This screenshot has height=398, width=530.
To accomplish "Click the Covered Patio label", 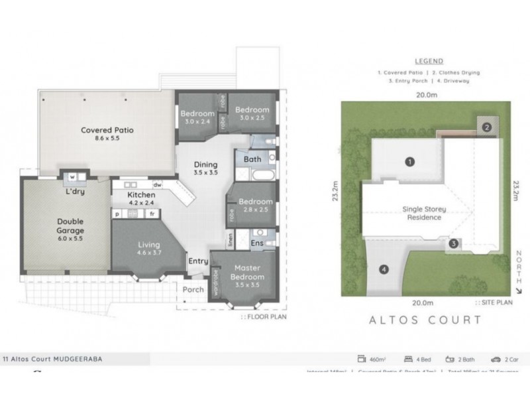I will pos(107,130).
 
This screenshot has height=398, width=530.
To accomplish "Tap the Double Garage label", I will pos(70,226).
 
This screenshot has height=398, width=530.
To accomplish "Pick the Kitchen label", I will pos(141,195).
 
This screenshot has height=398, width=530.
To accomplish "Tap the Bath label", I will pos(252,159).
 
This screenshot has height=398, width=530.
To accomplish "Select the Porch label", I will pos(193,290).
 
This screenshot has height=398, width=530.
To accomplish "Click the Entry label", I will pos(198,261).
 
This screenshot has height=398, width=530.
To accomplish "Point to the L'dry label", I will pos(75,192).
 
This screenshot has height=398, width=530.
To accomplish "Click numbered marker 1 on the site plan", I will pos(410,161).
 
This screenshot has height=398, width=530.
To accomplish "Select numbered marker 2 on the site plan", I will pos(486,127).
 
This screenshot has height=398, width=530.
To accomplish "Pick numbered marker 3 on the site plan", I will pos(452,243).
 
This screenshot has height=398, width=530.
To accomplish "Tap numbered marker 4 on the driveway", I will pos(383,269).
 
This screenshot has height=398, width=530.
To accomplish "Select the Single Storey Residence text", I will pos(424,213).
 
